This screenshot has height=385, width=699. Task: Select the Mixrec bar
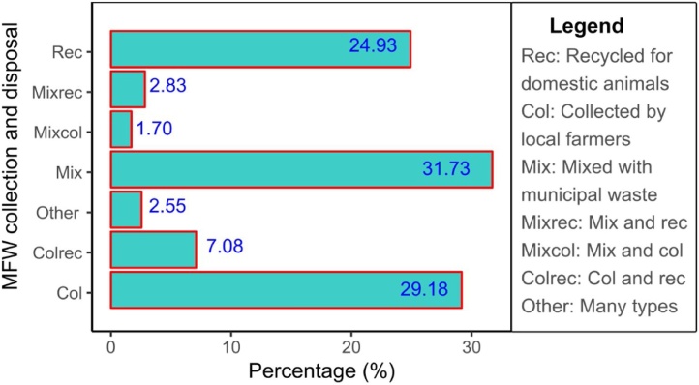(128, 89)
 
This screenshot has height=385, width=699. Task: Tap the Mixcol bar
(121, 130)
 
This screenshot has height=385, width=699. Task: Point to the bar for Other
(126, 210)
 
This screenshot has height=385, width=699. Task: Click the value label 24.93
(375, 49)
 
